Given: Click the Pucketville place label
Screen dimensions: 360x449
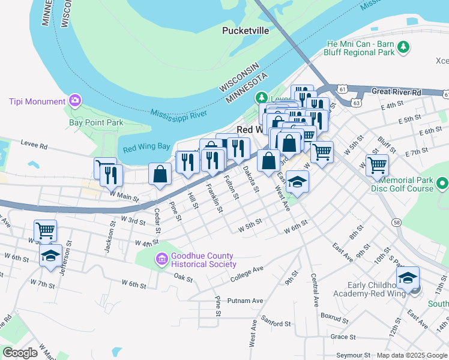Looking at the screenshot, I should pyautogui.click(x=246, y=30).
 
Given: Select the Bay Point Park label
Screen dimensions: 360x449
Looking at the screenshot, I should pyautogui.click(x=96, y=122).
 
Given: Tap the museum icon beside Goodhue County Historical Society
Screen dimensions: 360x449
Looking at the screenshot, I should pyautogui.click(x=161, y=259).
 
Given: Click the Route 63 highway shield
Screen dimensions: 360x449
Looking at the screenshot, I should pyautogui.click(x=357, y=103).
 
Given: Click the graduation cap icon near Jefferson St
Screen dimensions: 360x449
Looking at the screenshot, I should pyautogui.click(x=51, y=255).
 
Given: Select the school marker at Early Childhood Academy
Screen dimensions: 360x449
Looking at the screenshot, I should pyautogui.click(x=408, y=277).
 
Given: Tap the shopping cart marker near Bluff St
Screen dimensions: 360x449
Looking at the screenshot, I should pyautogui.click(x=377, y=164).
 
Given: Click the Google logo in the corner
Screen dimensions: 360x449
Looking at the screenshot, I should pyautogui.click(x=20, y=353).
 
